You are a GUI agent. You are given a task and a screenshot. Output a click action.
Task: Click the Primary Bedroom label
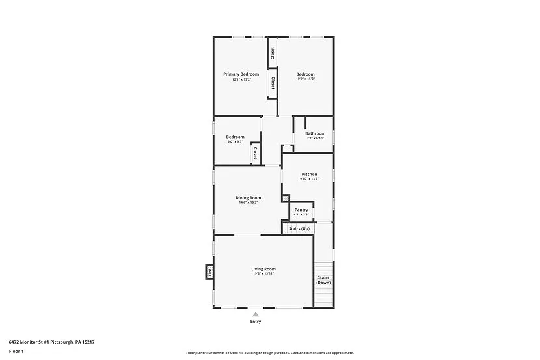241,74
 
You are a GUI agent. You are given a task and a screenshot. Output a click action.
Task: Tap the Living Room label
263,269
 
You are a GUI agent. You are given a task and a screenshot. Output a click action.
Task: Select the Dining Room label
248,198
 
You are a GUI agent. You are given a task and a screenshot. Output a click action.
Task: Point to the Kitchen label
309,174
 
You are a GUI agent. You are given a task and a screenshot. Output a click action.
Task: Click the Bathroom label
315,133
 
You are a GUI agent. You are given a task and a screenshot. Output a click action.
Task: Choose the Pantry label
301,210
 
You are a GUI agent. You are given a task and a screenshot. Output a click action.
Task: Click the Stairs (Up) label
299,228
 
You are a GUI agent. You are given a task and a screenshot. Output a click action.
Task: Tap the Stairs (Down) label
323,280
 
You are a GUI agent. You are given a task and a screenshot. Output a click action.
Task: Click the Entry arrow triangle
256,314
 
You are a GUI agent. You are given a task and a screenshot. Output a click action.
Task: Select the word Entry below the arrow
256,322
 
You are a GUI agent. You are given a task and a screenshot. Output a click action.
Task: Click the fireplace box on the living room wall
209,271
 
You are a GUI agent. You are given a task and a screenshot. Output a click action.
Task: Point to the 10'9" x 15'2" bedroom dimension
305,79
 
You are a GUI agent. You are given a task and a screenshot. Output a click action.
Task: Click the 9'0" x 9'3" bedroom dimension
235,142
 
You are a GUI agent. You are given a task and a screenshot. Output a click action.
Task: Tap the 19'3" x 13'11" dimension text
263,274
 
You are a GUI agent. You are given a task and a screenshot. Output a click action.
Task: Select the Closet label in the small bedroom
255,153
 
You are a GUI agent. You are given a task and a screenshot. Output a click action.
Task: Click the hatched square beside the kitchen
285,198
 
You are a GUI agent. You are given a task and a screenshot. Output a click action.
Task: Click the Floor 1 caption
16,351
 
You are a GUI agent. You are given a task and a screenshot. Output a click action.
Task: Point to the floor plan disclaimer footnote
269,353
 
